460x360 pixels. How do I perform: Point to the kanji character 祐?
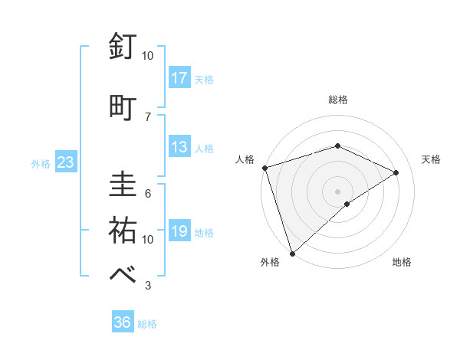[x=123, y=230]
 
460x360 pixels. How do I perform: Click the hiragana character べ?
[x=123, y=275]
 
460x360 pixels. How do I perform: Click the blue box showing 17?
[x=179, y=77]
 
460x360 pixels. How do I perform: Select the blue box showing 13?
[x=179, y=147]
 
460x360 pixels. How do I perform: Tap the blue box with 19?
[x=179, y=231]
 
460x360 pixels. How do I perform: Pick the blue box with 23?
[x=65, y=162]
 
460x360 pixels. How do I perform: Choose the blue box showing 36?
[x=123, y=322]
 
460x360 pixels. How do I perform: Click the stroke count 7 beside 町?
[x=148, y=116]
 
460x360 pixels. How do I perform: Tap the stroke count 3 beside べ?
[x=148, y=286]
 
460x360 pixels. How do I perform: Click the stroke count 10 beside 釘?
[x=148, y=55]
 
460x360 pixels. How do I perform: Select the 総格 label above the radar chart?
[x=337, y=100]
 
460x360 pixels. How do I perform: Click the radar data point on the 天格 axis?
[x=396, y=172]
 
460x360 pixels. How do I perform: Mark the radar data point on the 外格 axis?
[x=292, y=253]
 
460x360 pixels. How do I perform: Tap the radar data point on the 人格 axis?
[x=264, y=167]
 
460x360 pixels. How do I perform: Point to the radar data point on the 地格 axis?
[x=347, y=204]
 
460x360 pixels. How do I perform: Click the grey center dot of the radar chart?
[x=337, y=191]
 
